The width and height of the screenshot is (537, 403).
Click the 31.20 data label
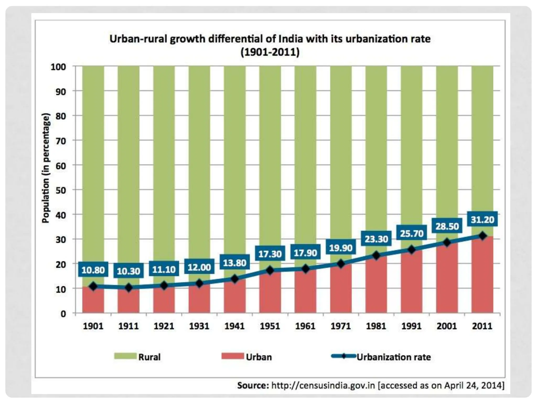coord(482,220)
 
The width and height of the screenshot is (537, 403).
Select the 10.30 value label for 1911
coord(128,271)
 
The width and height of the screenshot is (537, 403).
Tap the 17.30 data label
coord(270,254)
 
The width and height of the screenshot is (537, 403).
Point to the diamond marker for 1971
coord(341,264)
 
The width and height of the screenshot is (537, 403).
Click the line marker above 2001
coord(447,243)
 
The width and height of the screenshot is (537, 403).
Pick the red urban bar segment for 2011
coord(482,275)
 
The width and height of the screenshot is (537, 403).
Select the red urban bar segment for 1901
coord(93,300)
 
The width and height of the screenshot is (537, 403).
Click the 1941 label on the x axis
coord(234,326)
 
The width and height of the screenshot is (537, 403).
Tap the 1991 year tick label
coord(411,326)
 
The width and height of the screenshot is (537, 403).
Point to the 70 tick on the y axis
coord(61,141)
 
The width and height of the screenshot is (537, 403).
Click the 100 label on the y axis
coord(58,67)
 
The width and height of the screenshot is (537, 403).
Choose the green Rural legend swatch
coord(125,356)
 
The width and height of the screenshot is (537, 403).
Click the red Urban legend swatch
coord(233,356)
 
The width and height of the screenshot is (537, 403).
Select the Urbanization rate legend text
coord(394,357)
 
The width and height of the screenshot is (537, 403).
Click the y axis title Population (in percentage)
coord(46,168)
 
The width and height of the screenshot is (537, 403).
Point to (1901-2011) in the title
coord(270,52)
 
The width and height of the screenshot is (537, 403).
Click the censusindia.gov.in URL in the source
coord(323,385)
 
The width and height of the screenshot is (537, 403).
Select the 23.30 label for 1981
coord(376,239)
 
